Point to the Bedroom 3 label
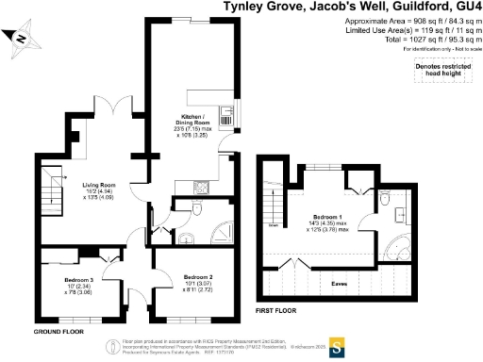[78, 281]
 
